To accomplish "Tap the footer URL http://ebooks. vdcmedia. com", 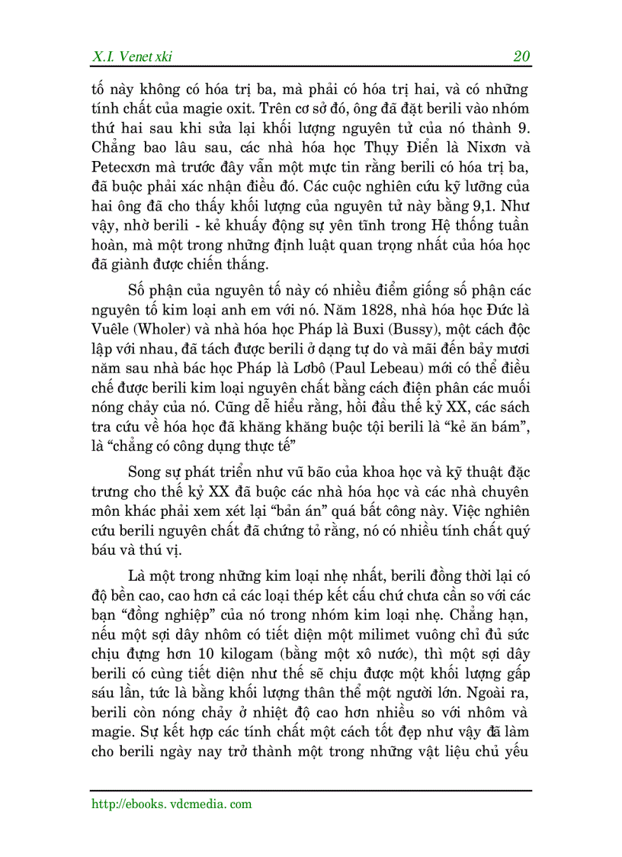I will [x=172, y=804].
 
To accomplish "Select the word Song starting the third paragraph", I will [x=146, y=469].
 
